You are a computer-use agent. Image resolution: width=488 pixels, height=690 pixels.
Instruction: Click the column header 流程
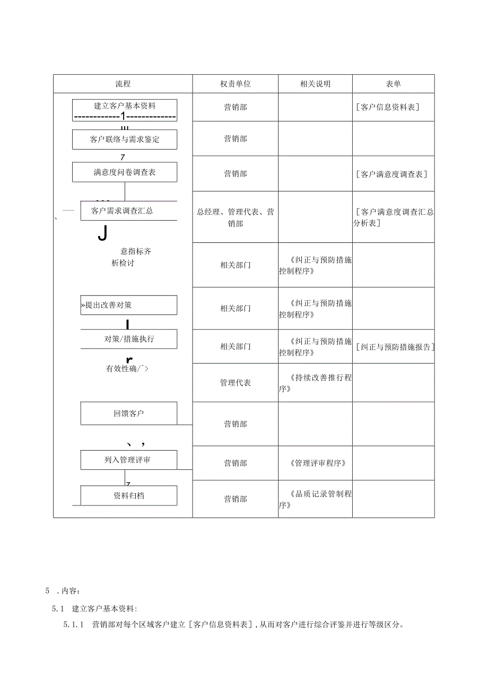coord(123,84)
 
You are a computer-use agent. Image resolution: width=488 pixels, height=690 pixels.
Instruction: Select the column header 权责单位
coord(236,84)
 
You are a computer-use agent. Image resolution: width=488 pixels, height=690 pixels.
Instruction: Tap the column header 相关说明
coord(315,84)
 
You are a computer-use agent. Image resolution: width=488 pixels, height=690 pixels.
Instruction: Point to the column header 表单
coord(393,84)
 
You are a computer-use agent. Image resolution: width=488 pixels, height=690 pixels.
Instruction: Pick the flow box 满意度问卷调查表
coord(125,172)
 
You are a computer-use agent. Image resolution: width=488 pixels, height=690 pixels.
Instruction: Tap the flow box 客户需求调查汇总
coord(128,211)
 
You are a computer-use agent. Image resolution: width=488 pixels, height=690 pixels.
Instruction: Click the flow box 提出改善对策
coord(128,305)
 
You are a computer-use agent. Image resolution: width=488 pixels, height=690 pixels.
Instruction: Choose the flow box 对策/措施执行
coord(129,339)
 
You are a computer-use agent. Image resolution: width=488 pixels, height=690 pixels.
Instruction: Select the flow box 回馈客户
coord(129,413)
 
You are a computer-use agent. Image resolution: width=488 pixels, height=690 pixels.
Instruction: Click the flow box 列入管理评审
coord(129,460)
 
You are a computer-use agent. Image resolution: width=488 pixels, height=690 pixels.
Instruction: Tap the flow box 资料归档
coord(129,496)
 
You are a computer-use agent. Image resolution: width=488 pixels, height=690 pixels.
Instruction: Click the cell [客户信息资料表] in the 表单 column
coord(388,107)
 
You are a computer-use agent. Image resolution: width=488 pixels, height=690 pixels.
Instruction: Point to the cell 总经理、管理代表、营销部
coord(236,217)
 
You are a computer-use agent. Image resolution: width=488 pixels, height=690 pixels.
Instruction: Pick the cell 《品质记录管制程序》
coord(315,500)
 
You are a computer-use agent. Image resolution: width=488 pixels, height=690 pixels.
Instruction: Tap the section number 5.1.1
coord(74,625)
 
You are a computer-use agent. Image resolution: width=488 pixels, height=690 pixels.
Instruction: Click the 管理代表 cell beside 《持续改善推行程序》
coord(236,383)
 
